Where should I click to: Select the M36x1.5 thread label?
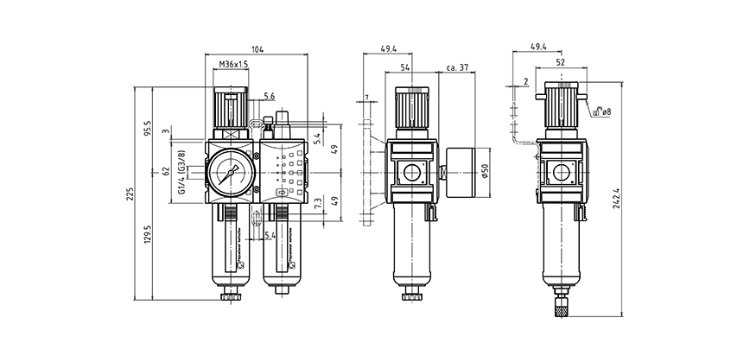point(233,65)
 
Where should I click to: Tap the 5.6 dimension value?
point(270,97)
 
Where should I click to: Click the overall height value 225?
point(130,194)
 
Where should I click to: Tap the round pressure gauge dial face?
point(232,170)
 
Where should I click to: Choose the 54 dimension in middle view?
point(409,67)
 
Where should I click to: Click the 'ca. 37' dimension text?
point(457,67)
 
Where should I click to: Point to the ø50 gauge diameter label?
point(486,170)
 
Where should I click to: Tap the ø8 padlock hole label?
point(606,111)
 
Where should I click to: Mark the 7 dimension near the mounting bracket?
point(366,98)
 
